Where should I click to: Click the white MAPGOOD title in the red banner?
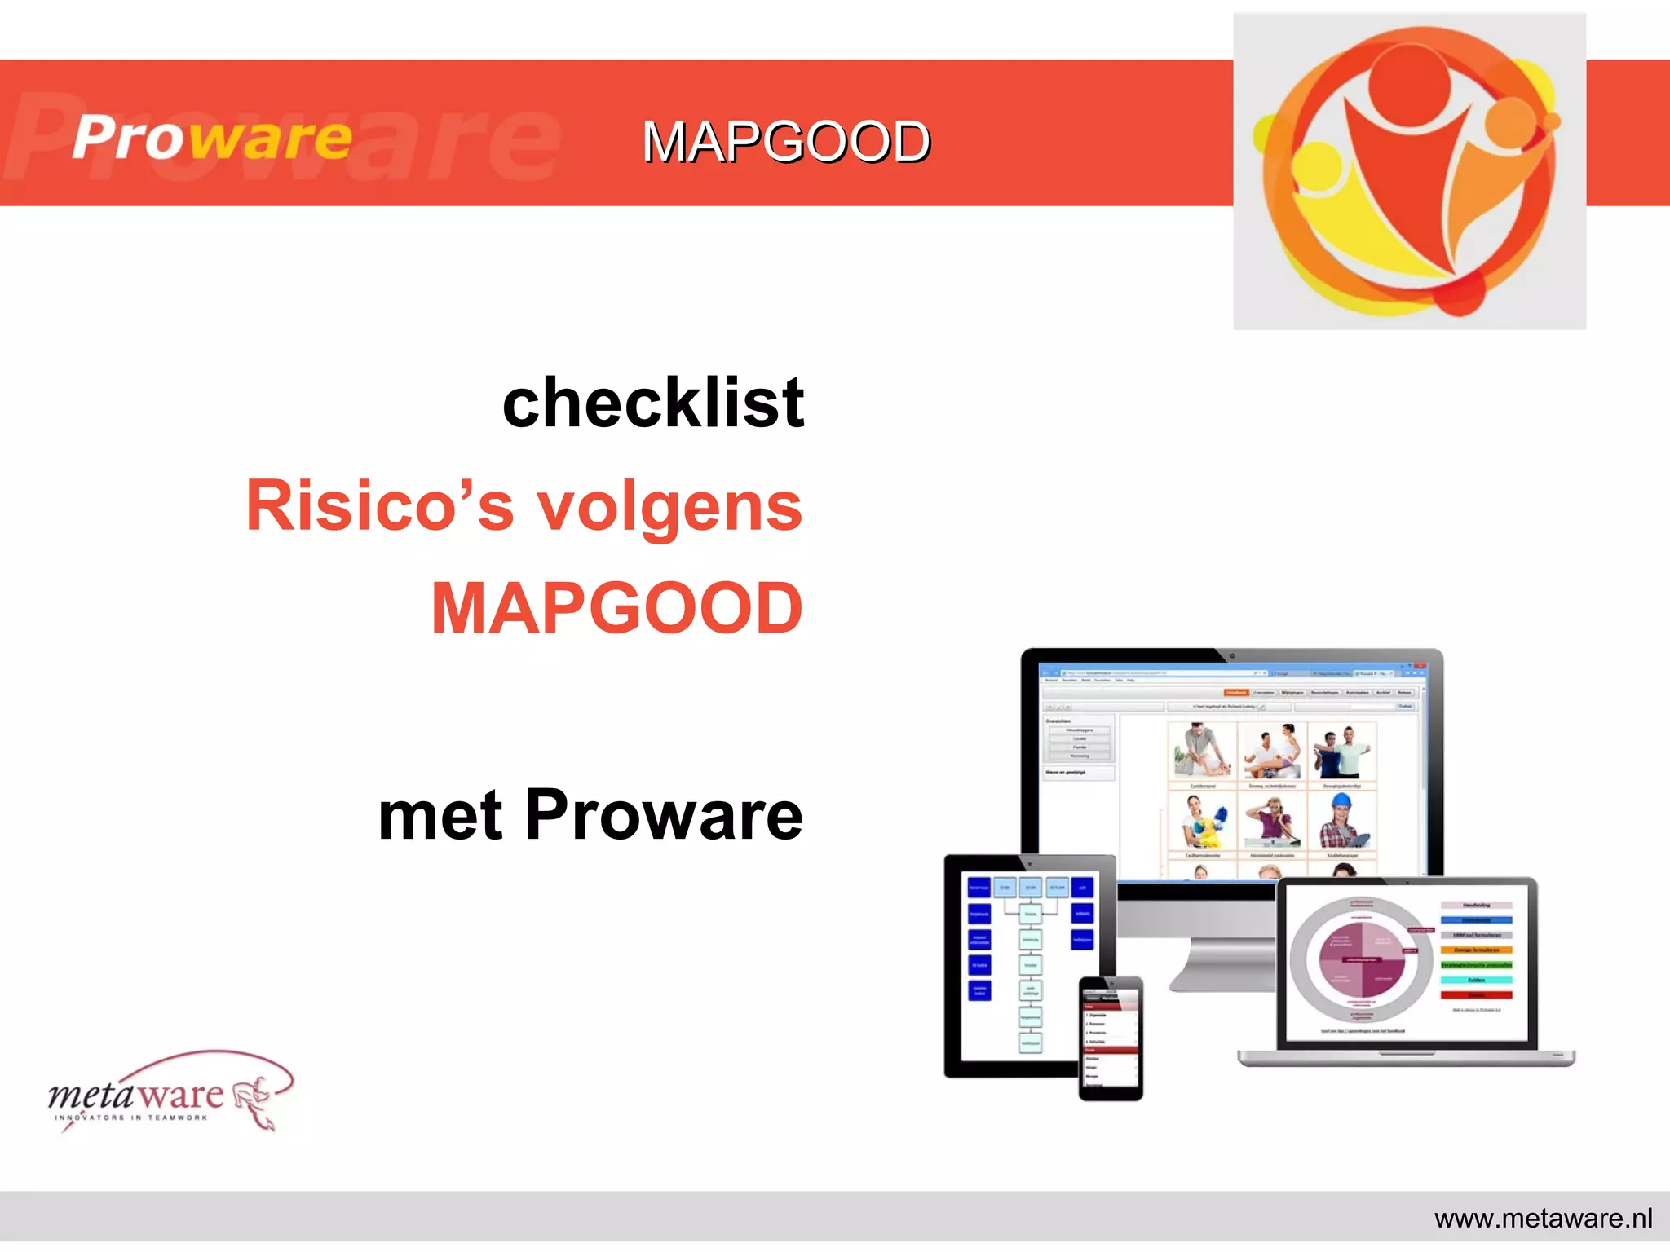pos(786,142)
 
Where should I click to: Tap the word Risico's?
pos(380,506)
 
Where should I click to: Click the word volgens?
pos(669,508)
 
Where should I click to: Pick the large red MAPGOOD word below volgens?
pos(617,608)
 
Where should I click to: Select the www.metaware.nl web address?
pos(1543,1219)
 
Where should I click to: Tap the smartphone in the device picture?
pos(1111,1038)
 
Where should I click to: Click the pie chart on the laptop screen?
pos(1361,960)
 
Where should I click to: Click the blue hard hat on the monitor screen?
pos(1341,802)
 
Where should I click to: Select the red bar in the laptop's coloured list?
pos(1476,995)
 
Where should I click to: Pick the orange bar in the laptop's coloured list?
pos(1476,950)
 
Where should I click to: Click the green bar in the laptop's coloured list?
pos(1476,965)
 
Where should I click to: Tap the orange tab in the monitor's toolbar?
pos(1235,692)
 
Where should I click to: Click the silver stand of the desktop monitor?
pos(1223,962)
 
